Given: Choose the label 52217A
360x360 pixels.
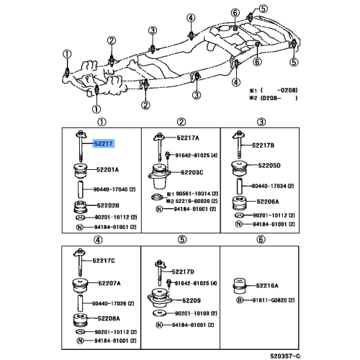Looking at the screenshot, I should [x=189, y=137].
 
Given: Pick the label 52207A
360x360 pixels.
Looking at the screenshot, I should [x=109, y=283].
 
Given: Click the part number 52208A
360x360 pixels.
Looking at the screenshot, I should [x=109, y=318].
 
